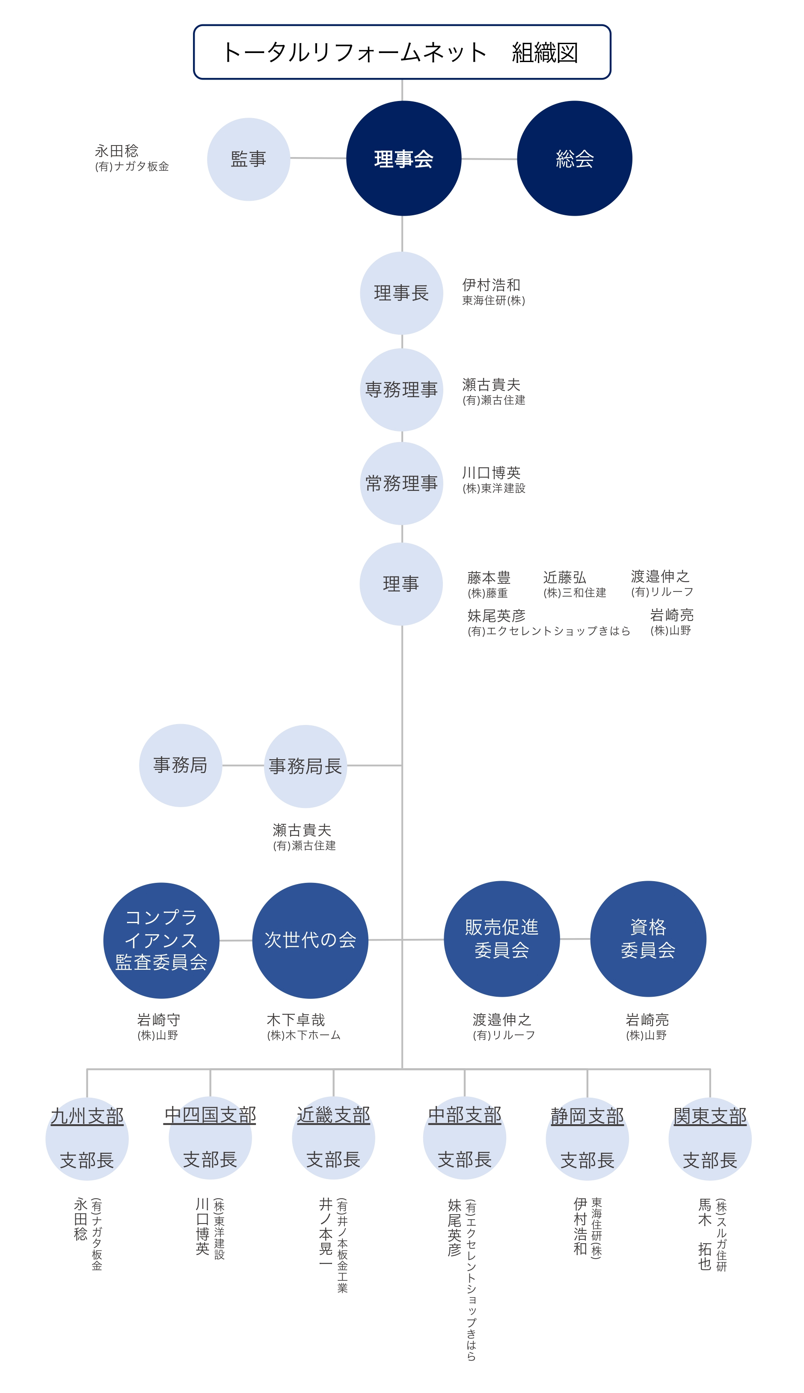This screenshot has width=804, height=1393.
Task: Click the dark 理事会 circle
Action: coord(403,158)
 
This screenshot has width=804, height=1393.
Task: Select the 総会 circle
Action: coord(574,158)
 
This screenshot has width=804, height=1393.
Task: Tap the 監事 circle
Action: coord(249,159)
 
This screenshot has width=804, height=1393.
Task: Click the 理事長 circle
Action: coord(401,293)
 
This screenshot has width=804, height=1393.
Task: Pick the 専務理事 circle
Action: coord(401,389)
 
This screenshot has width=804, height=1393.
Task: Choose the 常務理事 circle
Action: coord(401,483)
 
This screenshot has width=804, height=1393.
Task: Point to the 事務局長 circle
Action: coord(306,766)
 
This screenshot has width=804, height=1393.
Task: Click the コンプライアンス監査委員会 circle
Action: coord(161,940)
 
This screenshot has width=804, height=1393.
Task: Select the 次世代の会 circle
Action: coord(310,940)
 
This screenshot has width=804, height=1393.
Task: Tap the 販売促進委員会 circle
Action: coord(501,939)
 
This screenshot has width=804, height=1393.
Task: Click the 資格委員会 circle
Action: coord(648,939)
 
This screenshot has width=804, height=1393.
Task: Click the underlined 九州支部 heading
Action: coord(87,1116)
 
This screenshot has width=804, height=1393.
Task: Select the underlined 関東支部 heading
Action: coord(710,1116)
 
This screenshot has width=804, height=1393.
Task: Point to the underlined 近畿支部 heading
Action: coord(333,1115)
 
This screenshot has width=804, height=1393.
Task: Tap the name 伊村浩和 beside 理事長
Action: coord(492,285)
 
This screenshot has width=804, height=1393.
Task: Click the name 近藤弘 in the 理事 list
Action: coord(564,577)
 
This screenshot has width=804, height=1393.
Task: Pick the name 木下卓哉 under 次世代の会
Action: coord(296,1020)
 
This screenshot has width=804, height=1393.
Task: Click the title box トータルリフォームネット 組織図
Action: coord(402,52)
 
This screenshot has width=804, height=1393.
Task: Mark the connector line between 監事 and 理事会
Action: coord(318,158)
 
